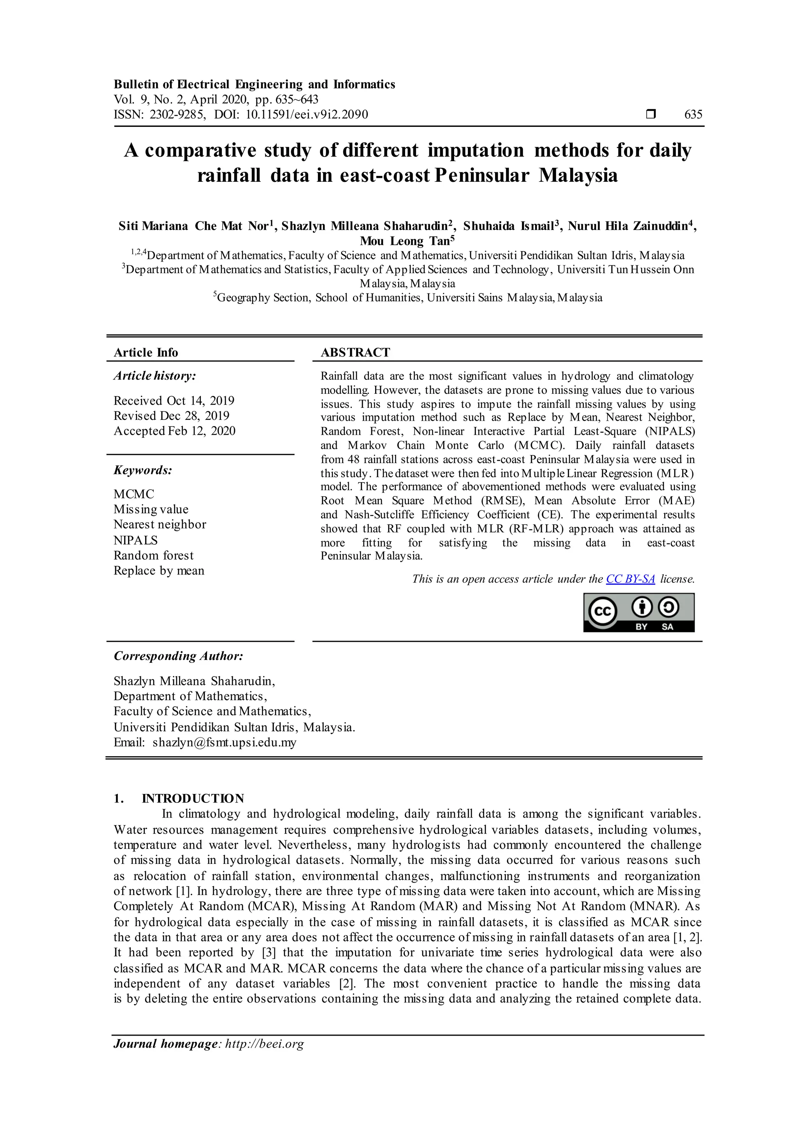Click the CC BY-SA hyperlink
[x=630, y=579]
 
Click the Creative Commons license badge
[x=639, y=612]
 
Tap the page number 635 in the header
[x=693, y=114]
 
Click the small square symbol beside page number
[x=651, y=114]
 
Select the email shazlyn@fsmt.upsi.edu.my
[x=224, y=742]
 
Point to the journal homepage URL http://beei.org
[x=265, y=1044]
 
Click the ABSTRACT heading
[x=355, y=353]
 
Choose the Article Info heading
[x=146, y=353]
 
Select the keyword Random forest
[x=154, y=555]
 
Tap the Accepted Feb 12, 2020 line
[x=174, y=431]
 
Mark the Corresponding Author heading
[x=178, y=656]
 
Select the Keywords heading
[x=143, y=470]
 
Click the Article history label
[x=154, y=376]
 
